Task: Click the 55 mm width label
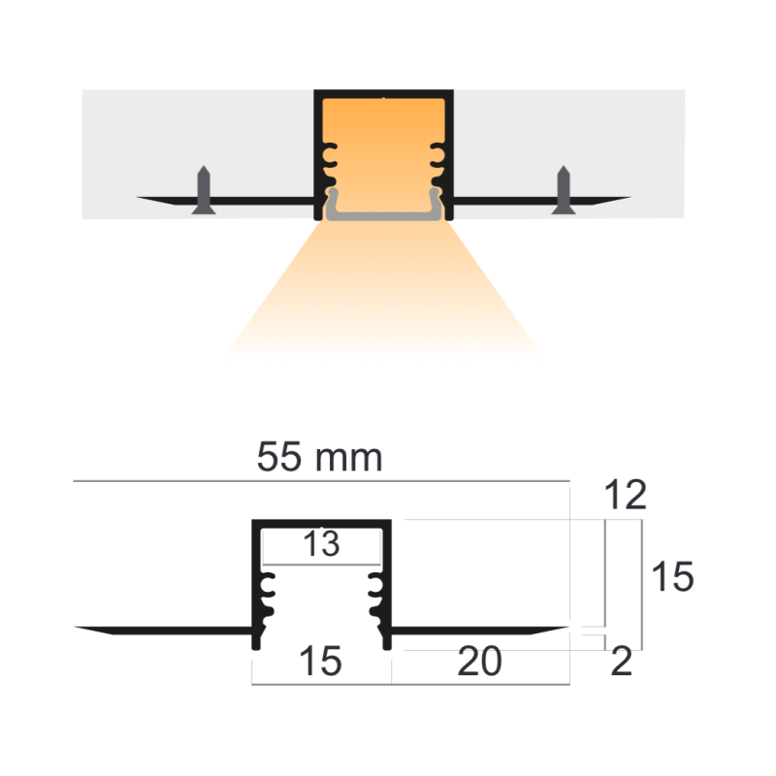(x=319, y=457)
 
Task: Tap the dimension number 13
(x=321, y=545)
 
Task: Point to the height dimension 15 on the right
(x=671, y=578)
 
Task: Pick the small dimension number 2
(x=623, y=663)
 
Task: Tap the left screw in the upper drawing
(x=204, y=189)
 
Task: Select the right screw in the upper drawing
(x=563, y=189)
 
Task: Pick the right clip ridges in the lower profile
(x=376, y=597)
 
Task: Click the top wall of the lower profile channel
(x=322, y=524)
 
